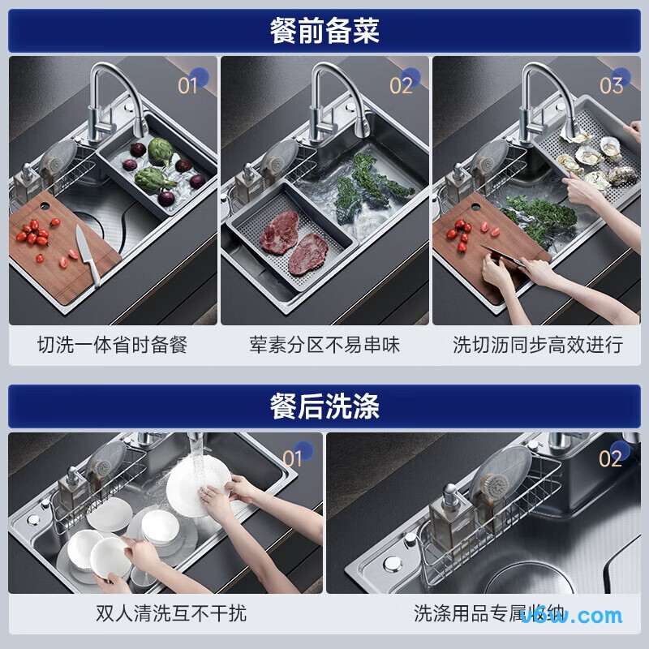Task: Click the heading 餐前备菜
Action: (324, 31)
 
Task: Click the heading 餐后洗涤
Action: (324, 406)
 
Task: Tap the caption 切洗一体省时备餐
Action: (112, 345)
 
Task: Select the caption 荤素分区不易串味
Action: (324, 345)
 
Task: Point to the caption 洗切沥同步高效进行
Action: (538, 345)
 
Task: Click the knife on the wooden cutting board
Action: (88, 254)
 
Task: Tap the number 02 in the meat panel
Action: (402, 85)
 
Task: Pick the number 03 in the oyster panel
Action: (611, 85)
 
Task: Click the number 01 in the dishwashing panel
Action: (292, 458)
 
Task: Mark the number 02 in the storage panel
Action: (610, 458)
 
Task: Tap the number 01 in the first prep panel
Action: (188, 85)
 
